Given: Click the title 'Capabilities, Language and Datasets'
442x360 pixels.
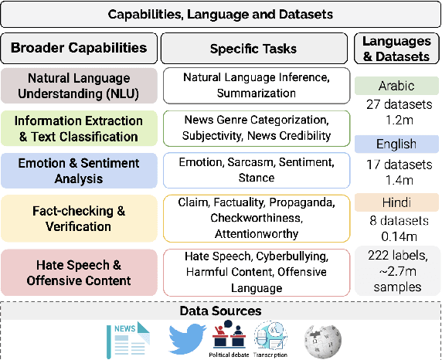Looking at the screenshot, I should (220, 14).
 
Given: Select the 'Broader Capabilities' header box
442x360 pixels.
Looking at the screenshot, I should (79, 48).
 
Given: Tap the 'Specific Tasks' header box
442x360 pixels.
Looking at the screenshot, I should (253, 48).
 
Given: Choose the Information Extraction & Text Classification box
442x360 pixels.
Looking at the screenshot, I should (79, 127).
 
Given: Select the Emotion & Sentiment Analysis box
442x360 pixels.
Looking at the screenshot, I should (79, 169).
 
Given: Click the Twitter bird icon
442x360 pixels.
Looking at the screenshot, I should (186, 338).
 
